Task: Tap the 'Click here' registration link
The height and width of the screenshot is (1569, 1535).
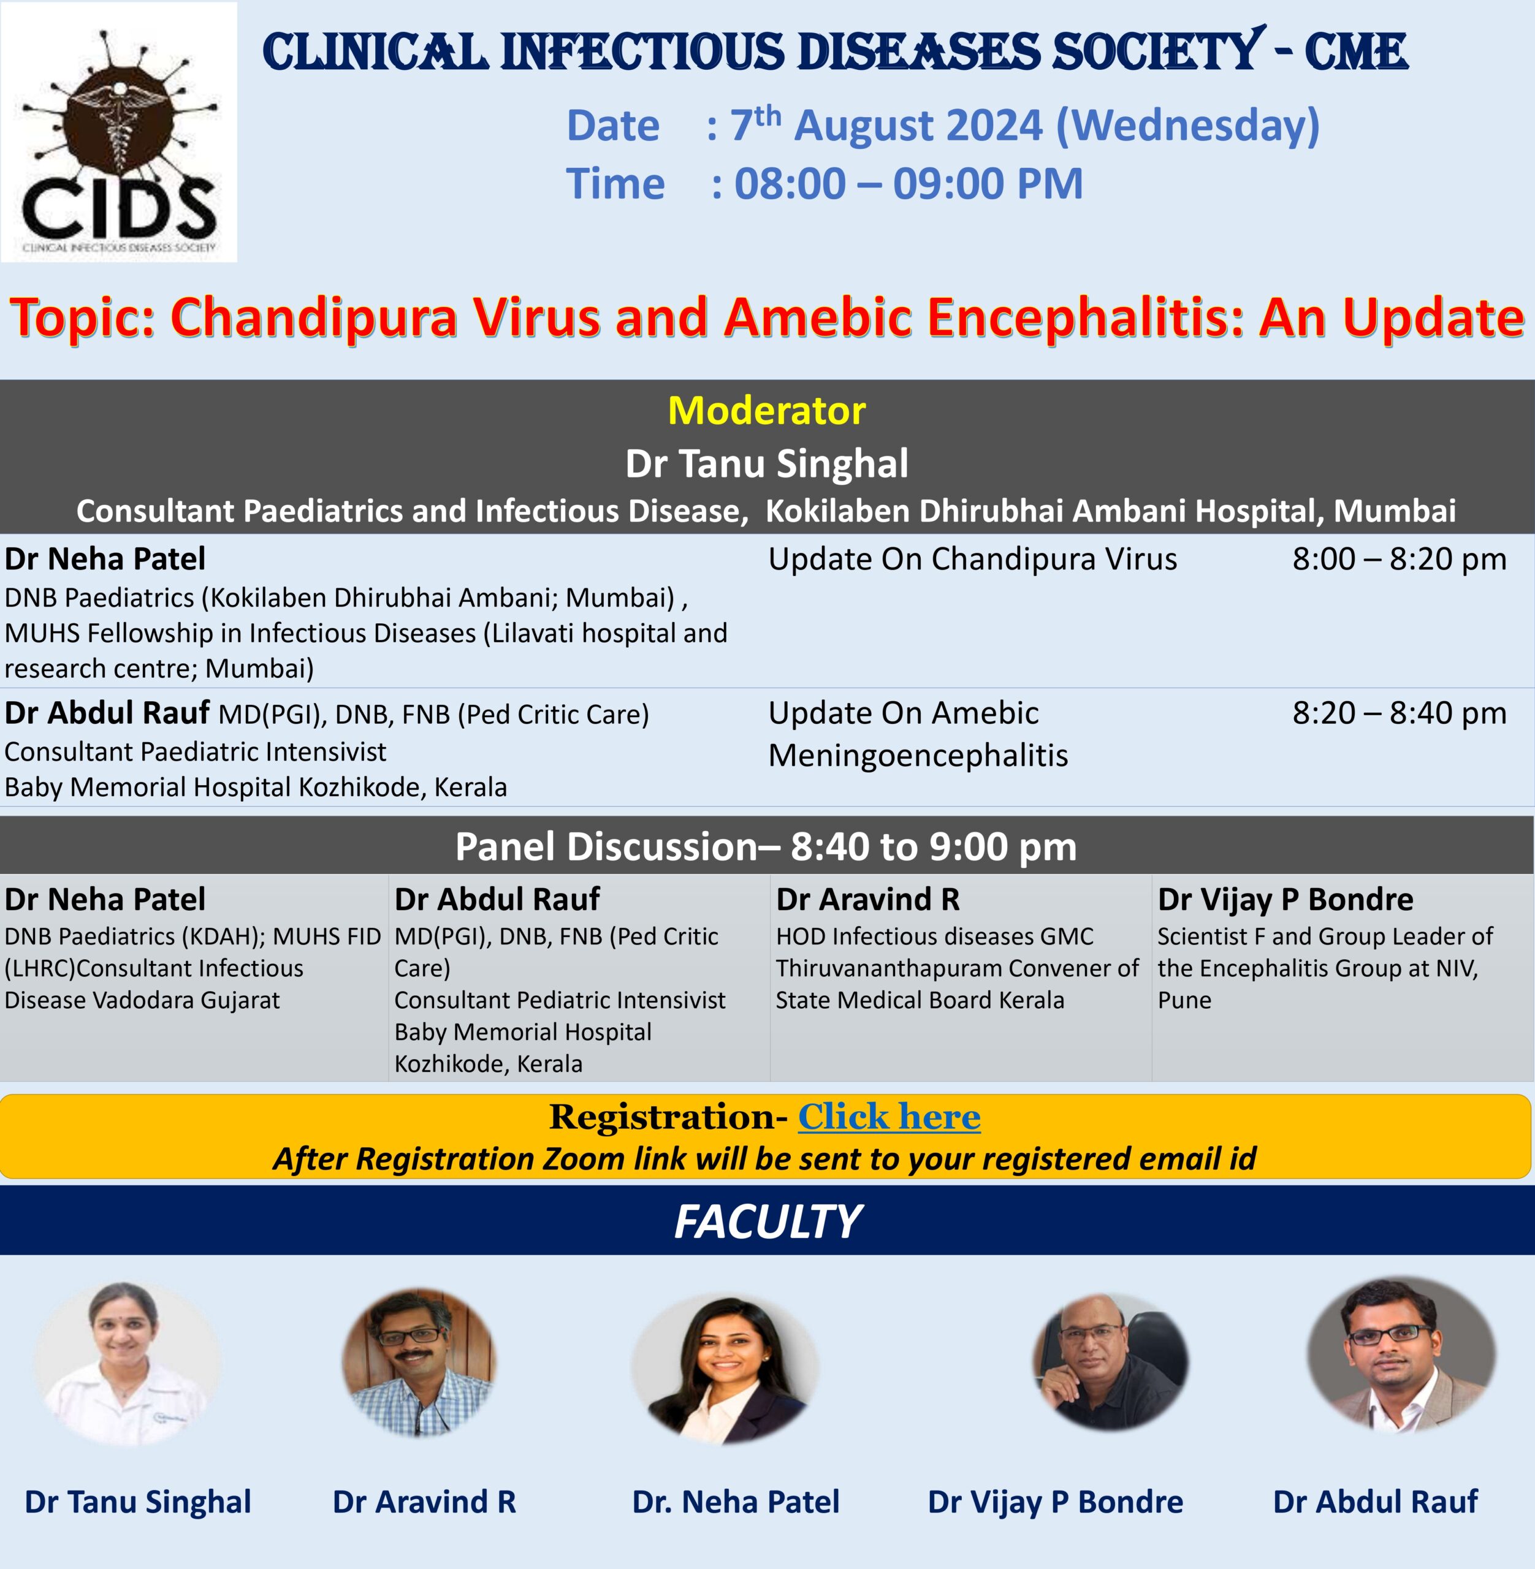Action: pyautogui.click(x=889, y=1117)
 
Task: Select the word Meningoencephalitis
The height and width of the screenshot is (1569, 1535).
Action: pyautogui.click(x=918, y=756)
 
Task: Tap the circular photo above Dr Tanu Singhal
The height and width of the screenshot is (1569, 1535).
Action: pyautogui.click(x=126, y=1364)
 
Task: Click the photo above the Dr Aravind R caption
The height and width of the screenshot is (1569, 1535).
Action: pyautogui.click(x=419, y=1362)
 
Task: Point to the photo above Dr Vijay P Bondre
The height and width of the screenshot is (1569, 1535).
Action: pyautogui.click(x=1110, y=1362)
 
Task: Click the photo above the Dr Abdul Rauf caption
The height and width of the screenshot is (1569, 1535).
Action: pyautogui.click(x=1401, y=1354)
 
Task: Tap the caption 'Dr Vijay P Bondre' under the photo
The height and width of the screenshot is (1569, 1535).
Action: pyautogui.click(x=1056, y=1502)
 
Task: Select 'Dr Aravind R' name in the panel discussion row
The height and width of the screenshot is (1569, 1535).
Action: pyautogui.click(x=867, y=899)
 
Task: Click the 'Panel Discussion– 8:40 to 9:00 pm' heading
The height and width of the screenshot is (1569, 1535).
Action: pyautogui.click(x=766, y=847)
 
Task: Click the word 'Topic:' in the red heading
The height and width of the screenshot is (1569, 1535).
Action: pyautogui.click(x=82, y=317)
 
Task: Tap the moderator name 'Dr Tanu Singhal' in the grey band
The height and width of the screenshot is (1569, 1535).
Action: pyautogui.click(x=767, y=464)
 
